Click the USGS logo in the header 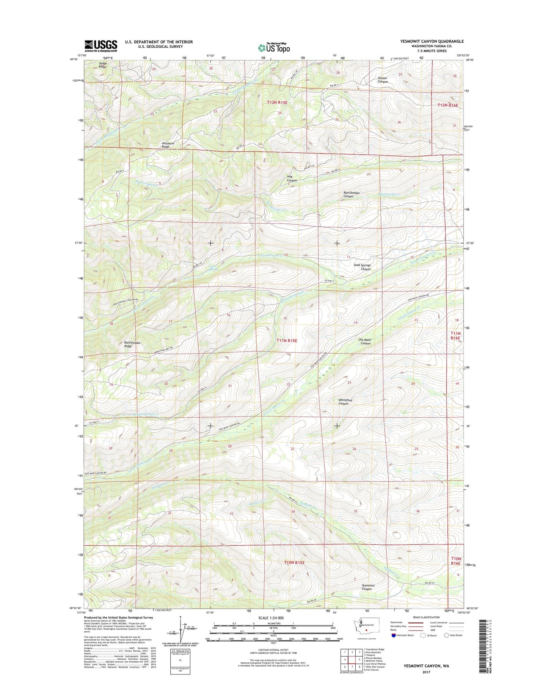100,45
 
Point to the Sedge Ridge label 103,65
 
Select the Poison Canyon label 383,80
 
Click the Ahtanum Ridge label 168,145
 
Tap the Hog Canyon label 292,178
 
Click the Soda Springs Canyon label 362,267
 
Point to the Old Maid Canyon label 365,341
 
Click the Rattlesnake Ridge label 132,344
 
